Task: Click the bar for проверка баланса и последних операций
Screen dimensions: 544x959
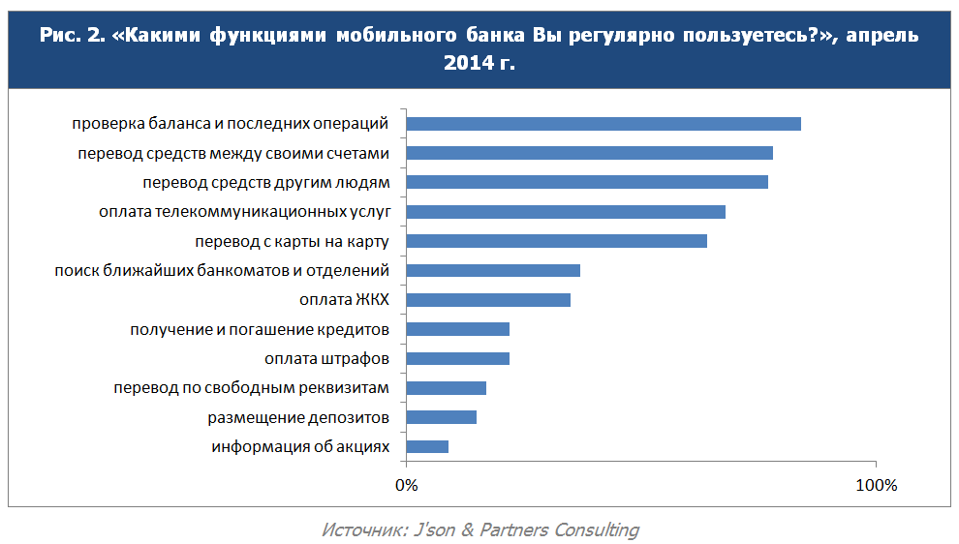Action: (x=603, y=123)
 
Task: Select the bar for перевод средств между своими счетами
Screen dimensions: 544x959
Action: (x=589, y=153)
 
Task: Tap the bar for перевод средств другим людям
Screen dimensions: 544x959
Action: (x=587, y=182)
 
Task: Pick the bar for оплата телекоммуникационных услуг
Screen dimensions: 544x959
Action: (x=566, y=211)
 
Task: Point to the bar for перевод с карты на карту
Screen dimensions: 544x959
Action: (x=556, y=241)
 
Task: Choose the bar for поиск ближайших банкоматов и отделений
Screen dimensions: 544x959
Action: (x=493, y=270)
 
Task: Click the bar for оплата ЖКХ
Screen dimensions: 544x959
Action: (x=488, y=300)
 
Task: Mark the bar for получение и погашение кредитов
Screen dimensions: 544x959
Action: (x=457, y=329)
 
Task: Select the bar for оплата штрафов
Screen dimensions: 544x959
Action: (x=457, y=359)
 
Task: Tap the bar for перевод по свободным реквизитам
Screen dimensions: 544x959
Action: (x=446, y=388)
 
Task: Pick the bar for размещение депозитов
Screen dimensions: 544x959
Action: (x=441, y=417)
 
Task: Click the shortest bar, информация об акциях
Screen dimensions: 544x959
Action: (x=427, y=447)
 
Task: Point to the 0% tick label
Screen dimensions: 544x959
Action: (x=406, y=484)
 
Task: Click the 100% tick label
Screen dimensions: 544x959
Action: (x=876, y=484)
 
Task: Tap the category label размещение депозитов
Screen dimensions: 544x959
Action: (x=298, y=417)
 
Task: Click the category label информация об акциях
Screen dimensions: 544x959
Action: (x=300, y=447)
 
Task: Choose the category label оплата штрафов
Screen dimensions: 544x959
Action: (x=326, y=359)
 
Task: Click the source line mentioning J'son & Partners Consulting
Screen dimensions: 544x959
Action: (x=479, y=529)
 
